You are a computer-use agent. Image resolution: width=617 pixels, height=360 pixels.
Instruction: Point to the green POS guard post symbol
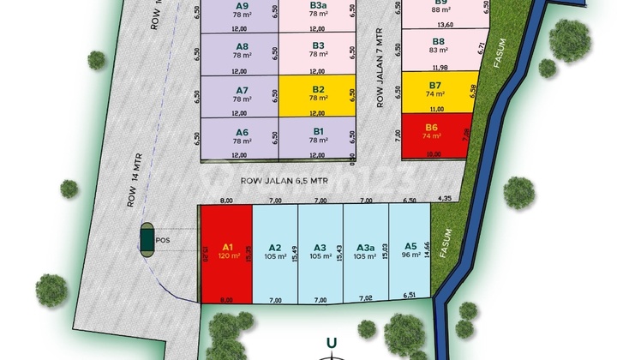[148, 240]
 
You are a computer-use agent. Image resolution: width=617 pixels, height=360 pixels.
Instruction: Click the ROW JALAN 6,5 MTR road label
[285, 181]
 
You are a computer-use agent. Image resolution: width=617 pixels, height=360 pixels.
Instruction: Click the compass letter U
[332, 344]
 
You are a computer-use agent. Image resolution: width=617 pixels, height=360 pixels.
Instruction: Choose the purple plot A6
[241, 135]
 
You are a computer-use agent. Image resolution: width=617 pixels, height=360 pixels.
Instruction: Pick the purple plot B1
[317, 135]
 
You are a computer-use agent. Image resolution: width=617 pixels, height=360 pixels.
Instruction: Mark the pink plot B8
[438, 47]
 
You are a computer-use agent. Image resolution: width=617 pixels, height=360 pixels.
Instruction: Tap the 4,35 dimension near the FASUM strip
[443, 200]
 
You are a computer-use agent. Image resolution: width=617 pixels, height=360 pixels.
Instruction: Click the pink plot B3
[317, 51]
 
